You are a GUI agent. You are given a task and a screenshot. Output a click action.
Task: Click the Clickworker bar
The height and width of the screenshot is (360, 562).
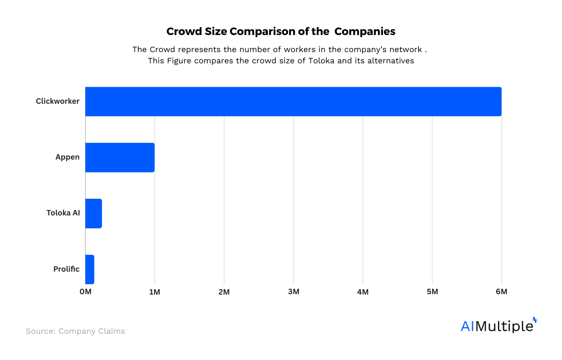[x=293, y=102]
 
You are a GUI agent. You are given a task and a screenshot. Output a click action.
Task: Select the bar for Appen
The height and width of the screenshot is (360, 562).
[x=120, y=157]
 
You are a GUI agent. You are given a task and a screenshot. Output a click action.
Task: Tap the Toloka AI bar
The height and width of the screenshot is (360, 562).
[x=94, y=213]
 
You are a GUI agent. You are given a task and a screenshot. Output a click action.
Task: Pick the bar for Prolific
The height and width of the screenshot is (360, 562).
[x=90, y=269]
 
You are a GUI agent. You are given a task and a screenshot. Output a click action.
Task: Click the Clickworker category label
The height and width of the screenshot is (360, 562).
[x=57, y=101]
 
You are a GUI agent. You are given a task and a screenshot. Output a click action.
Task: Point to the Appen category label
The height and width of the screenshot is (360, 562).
[x=67, y=157]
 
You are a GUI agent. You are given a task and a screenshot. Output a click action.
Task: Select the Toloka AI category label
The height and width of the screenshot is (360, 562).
[x=63, y=213]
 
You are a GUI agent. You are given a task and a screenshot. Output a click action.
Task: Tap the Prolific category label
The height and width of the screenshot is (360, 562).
[x=66, y=269]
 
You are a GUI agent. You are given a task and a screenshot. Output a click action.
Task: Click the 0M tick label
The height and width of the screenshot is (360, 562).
[x=85, y=292]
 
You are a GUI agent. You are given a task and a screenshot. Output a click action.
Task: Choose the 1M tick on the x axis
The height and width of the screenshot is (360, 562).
[x=154, y=292]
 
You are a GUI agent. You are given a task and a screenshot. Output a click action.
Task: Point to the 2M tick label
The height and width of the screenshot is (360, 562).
[x=224, y=292]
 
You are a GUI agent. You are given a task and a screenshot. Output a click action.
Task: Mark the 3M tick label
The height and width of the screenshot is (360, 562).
[x=293, y=292]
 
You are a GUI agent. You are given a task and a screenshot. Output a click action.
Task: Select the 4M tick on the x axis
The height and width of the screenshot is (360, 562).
[x=363, y=292]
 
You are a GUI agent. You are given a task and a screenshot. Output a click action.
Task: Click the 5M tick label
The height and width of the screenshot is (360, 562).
[x=432, y=292]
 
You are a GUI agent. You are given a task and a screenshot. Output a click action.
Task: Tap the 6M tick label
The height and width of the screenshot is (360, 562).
[x=501, y=292]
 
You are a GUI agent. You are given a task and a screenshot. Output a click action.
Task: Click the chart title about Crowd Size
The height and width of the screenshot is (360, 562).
[x=281, y=31]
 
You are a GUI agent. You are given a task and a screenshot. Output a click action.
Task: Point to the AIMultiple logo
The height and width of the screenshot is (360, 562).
[x=498, y=325]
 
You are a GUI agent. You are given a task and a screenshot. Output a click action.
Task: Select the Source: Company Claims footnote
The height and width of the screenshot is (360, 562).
[x=75, y=331]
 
